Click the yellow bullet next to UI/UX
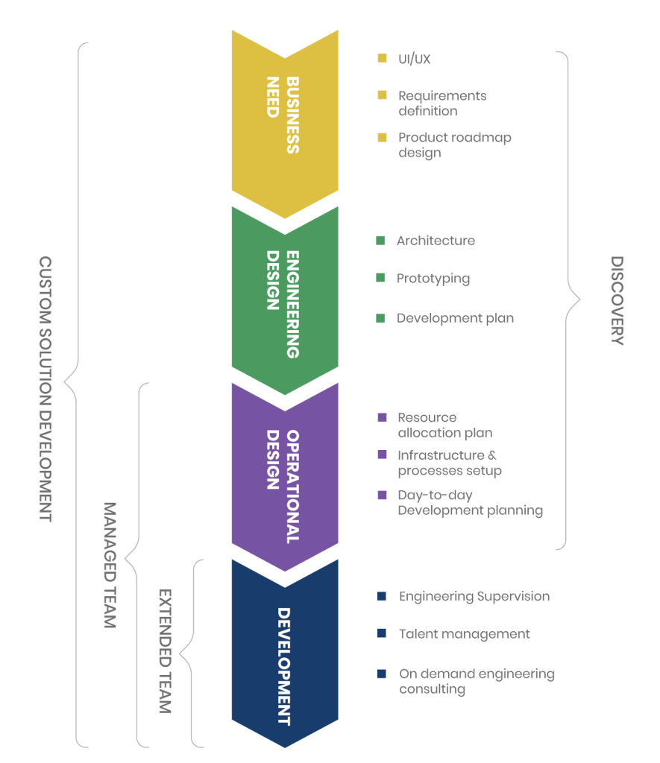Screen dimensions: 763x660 (x=383, y=58)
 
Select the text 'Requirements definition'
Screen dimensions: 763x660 (x=441, y=104)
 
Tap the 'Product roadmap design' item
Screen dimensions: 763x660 (x=454, y=145)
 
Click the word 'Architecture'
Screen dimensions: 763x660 (x=436, y=241)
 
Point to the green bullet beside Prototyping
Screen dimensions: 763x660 (x=381, y=279)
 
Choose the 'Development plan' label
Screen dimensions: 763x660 (x=455, y=318)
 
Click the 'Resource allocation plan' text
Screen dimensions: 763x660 (x=444, y=425)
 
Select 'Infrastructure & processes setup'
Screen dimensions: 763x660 (x=449, y=463)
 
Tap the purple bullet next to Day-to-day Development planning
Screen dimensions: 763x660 (x=383, y=496)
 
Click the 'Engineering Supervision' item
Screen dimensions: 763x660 (x=474, y=597)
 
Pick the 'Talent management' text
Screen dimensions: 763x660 (x=464, y=634)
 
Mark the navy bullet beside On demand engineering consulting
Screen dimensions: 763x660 (x=382, y=674)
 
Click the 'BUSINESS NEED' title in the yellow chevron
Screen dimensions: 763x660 (x=283, y=115)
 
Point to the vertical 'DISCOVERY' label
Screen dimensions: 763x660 (x=616, y=301)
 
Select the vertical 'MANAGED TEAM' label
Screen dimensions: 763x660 (x=109, y=565)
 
